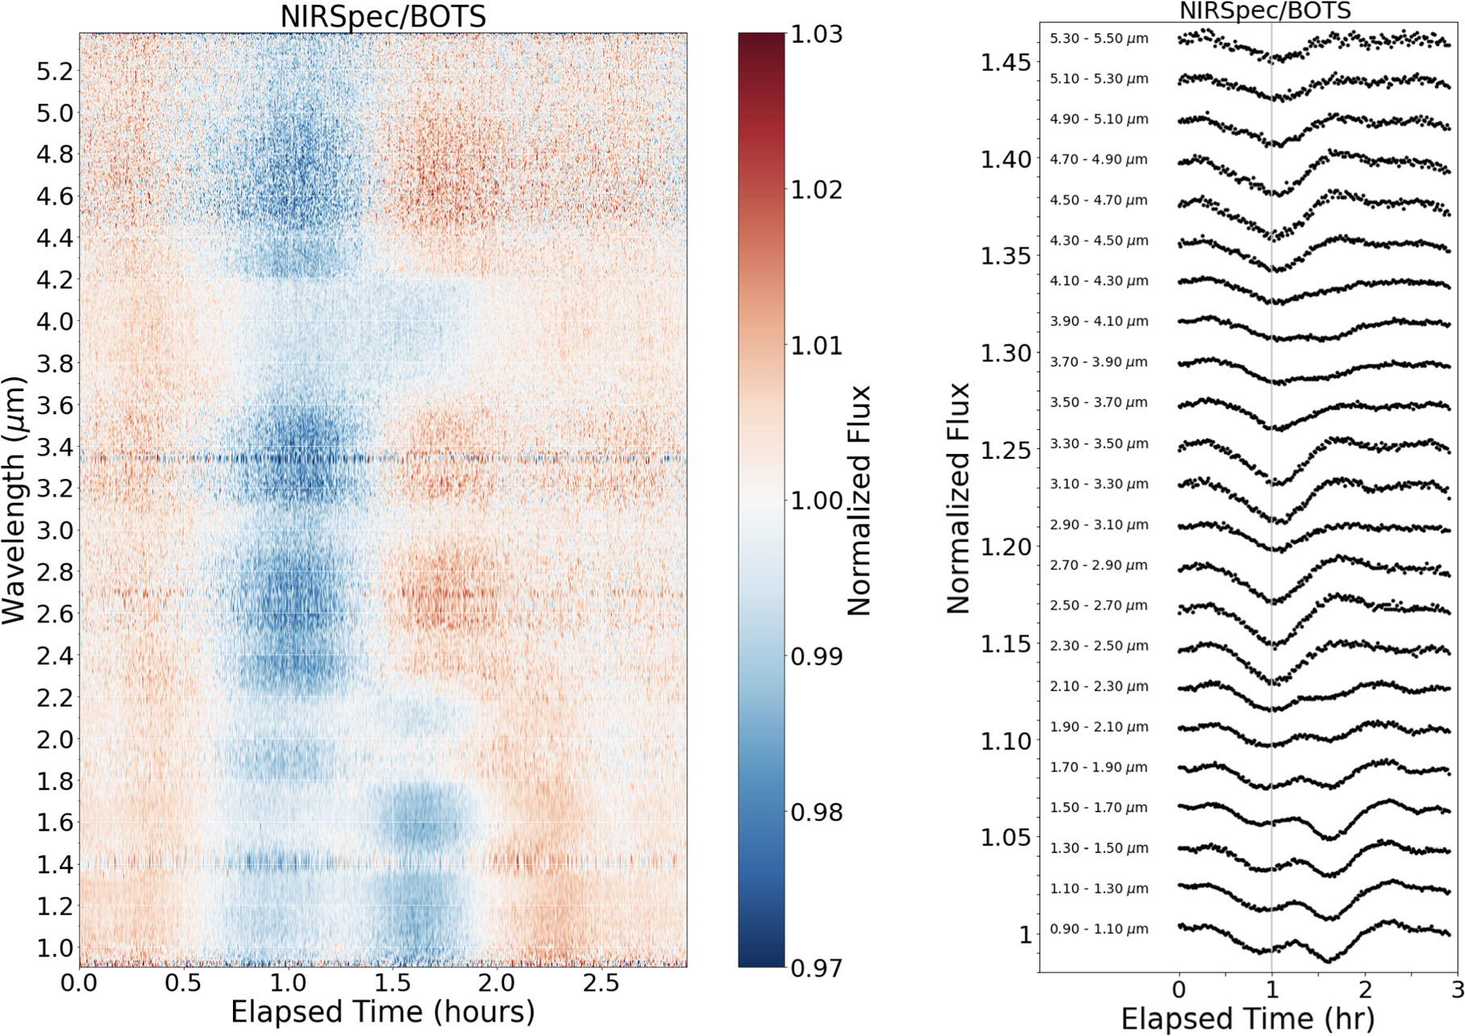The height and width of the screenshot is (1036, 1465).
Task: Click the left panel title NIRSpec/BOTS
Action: pos(383,16)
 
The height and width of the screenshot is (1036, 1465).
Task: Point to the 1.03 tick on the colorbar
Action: pos(816,34)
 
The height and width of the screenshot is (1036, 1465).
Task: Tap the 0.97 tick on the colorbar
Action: pos(816,967)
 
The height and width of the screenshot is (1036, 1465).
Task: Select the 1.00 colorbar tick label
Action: pos(816,501)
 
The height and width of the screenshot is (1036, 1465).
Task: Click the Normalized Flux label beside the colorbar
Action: pos(859,500)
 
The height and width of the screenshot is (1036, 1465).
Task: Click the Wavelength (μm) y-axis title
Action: pos(15,500)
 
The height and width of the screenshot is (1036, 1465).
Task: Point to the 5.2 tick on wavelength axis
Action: pos(54,72)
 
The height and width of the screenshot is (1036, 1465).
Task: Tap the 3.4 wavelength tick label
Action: pos(54,447)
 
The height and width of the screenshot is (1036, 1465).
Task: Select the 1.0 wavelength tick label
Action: pos(54,947)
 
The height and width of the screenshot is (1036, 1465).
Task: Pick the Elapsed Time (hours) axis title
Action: pos(383,1012)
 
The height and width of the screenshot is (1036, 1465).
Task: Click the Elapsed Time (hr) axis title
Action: pos(1247,1018)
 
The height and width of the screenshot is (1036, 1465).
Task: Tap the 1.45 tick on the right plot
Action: pos(1005,62)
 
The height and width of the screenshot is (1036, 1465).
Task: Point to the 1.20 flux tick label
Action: pos(1005,547)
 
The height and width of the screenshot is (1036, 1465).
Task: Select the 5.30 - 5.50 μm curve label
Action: pos(1099,39)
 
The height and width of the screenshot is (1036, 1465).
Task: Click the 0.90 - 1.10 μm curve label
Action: pos(1099,930)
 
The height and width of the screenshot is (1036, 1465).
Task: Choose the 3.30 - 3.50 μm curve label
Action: pos(1099,443)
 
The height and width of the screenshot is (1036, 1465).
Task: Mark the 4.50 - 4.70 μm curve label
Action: pos(1099,200)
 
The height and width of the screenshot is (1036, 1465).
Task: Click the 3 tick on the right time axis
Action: pos(1456,988)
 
